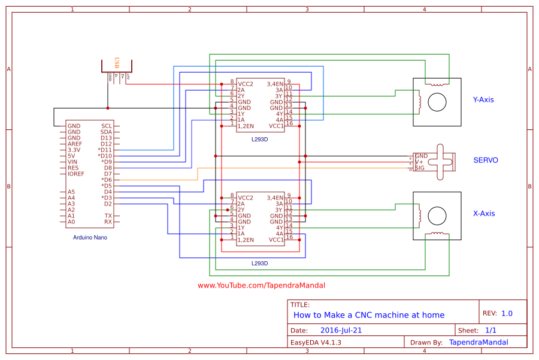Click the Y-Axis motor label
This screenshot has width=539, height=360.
coord(483,99)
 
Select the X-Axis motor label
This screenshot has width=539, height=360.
coord(483,213)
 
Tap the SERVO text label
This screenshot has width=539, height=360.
coord(486,160)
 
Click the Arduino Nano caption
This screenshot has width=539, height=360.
coord(90,237)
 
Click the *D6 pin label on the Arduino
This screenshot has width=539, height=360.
coord(107,180)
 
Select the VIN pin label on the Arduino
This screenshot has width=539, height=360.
coord(73,162)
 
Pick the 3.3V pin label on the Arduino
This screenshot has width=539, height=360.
coord(74,150)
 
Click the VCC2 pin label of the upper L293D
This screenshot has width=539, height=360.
coord(246,84)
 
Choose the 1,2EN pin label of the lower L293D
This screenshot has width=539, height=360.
coord(246,240)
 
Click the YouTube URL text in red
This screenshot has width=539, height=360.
coord(261,286)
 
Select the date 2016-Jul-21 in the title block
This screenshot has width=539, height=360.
coord(341,330)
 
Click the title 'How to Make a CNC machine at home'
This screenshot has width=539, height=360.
coord(369,315)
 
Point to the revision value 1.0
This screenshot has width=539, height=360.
coord(507,313)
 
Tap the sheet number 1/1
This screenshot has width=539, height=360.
coord(491,330)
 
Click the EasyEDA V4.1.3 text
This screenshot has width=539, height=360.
coord(316,343)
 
